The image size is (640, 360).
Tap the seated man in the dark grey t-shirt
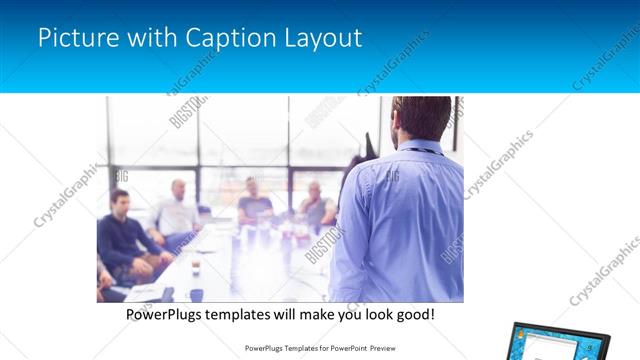coord(254,203)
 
